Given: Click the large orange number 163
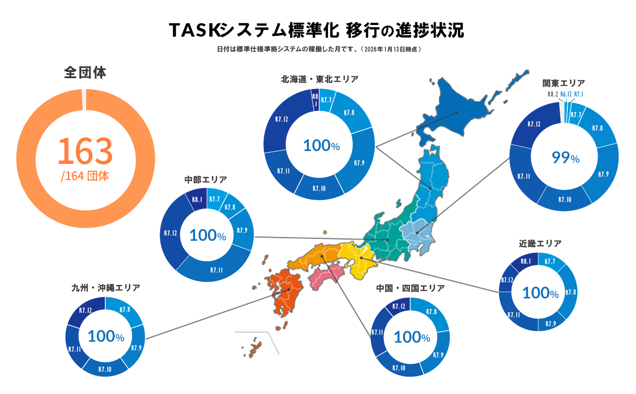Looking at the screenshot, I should (x=85, y=151).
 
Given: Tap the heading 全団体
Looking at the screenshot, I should (x=85, y=72).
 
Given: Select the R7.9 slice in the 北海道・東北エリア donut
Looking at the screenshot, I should (x=359, y=163).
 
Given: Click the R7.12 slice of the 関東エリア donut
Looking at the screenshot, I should (x=534, y=124).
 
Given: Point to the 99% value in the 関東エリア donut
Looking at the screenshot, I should (x=565, y=158).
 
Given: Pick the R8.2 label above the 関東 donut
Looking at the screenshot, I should (x=553, y=94).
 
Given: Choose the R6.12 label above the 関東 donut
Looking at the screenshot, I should (x=566, y=94).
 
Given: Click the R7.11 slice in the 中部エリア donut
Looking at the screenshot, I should (x=216, y=270).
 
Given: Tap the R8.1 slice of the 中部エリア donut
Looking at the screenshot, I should (x=197, y=200).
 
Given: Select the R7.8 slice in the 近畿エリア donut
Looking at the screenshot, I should (x=570, y=292).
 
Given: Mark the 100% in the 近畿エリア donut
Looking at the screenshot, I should (x=540, y=293).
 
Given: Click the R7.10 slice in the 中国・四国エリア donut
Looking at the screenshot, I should (x=399, y=368).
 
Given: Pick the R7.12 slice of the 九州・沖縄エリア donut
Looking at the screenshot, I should (x=86, y=310).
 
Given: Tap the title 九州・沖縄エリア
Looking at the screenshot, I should (x=106, y=288).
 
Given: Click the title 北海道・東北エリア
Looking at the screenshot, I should (x=320, y=80).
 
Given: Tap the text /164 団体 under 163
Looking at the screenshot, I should (x=85, y=176).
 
